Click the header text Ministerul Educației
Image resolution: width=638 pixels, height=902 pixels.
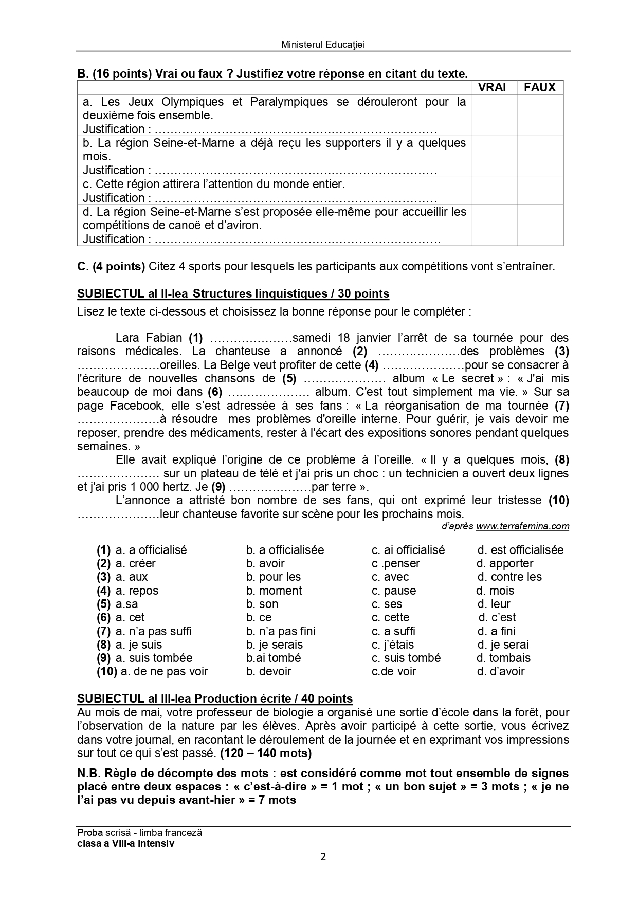323,45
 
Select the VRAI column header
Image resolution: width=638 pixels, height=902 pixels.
492,87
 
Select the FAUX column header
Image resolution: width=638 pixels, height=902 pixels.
540,87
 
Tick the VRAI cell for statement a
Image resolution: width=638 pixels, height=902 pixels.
495,115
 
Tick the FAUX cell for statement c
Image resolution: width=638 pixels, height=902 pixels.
540,191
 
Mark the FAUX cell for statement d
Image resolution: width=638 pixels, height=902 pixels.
540,225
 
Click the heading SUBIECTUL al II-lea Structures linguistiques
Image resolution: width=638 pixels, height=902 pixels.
233,294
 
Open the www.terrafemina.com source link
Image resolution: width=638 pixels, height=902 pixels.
522,526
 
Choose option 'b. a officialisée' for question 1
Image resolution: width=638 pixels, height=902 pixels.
285,550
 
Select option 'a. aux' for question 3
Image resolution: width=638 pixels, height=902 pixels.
132,577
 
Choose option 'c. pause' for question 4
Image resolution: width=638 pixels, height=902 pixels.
394,591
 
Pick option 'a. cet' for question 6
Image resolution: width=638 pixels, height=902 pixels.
130,617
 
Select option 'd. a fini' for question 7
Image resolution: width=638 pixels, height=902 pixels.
496,631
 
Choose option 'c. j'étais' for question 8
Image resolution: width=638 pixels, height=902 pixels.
393,645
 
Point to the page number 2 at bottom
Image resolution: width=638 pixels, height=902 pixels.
323,857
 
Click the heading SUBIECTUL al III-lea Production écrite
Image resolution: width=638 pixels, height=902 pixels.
215,699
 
